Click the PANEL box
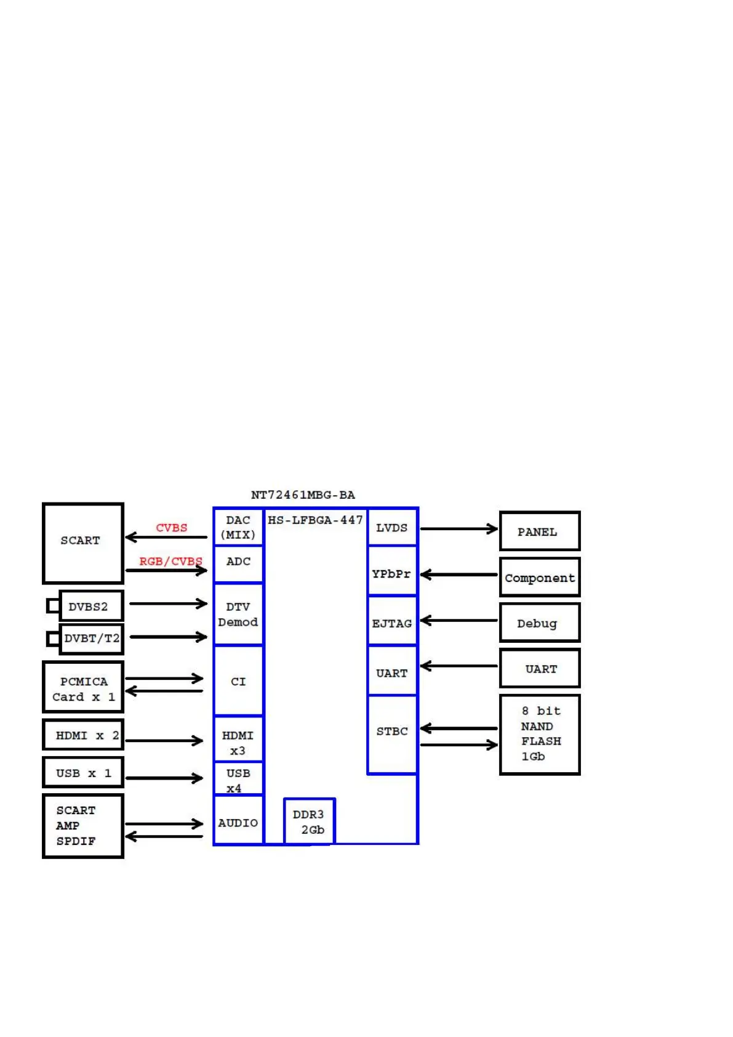click(539, 531)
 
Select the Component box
click(539, 577)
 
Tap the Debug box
click(539, 623)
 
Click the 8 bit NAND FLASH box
click(539, 734)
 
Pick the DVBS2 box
click(90, 606)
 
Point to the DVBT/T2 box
click(91, 639)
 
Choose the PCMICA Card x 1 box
click(83, 687)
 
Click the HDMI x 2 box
click(83, 735)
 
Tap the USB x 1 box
click(83, 773)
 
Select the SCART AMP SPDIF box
click(83, 825)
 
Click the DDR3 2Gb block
click(309, 821)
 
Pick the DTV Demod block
click(238, 614)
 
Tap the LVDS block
click(392, 528)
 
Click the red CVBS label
click(172, 528)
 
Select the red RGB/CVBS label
click(170, 561)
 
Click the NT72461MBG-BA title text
click(303, 494)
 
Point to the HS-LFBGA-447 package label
click(315, 520)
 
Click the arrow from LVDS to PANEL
click(459, 528)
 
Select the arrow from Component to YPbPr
click(459, 575)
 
